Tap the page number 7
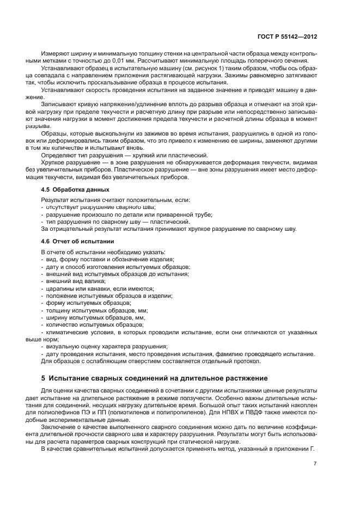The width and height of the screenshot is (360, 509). [315, 463]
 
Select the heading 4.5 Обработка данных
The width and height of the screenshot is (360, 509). [75, 189]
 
